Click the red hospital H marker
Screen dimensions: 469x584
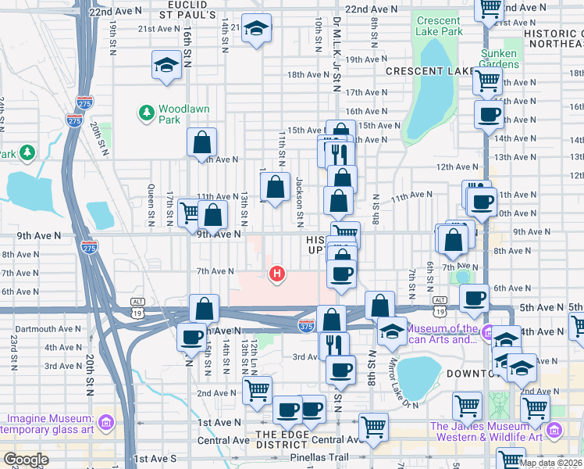click(276, 274)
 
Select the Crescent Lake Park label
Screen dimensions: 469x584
click(440, 26)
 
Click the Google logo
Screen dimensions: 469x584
click(25, 460)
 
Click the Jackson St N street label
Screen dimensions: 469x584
click(299, 197)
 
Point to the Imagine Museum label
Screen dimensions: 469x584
click(47, 421)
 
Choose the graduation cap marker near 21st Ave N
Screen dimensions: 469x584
click(255, 30)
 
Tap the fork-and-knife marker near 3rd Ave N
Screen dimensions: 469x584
click(333, 344)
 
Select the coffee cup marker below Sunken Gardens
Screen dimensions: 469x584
click(489, 114)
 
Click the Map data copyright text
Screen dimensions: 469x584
click(550, 463)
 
